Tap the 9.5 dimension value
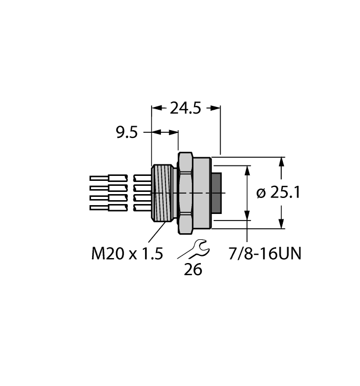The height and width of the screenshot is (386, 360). click(x=126, y=133)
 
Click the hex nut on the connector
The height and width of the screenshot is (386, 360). click(x=185, y=192)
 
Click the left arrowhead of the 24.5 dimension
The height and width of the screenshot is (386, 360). click(x=155, y=109)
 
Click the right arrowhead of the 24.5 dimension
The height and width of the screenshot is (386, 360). click(x=216, y=109)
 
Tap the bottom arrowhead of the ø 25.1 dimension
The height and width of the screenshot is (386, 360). click(x=282, y=224)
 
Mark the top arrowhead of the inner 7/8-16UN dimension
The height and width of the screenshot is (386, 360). click(x=246, y=171)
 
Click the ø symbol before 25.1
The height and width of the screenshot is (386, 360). click(x=262, y=193)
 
